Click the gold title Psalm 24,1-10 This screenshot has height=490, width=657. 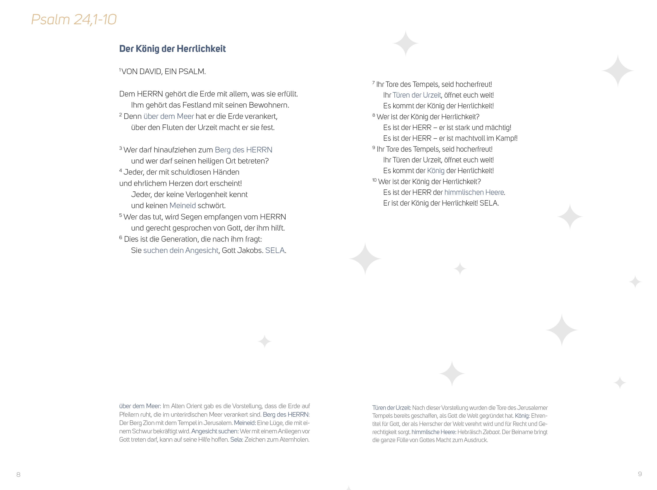tap(74, 19)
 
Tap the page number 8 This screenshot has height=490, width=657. tap(18, 474)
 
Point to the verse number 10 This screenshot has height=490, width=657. tap(374, 180)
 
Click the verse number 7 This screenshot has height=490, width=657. tap(373, 83)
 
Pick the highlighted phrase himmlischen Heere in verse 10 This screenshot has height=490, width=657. tap(474, 192)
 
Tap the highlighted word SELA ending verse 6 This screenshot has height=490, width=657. tap(275, 250)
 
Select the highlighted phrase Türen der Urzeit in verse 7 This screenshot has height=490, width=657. tap(417, 95)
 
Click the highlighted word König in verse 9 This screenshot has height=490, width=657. tap(436, 171)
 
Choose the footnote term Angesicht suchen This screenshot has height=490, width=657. tap(214, 431)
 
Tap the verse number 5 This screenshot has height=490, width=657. tap(120, 215)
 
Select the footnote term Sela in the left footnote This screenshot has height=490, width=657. tap(236, 439)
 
